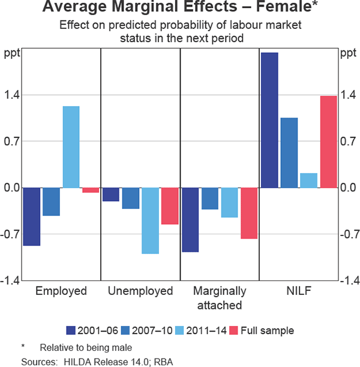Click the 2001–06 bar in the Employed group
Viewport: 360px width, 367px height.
click(31, 216)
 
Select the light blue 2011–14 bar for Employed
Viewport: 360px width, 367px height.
click(71, 147)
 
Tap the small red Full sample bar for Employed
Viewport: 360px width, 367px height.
click(91, 190)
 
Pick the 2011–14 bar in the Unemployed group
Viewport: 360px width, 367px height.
click(150, 220)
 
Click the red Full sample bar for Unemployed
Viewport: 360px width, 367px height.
click(170, 206)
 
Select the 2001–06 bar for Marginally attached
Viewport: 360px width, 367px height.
click(190, 219)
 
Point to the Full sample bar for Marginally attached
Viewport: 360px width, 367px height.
click(249, 213)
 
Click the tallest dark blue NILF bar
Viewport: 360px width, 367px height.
click(269, 120)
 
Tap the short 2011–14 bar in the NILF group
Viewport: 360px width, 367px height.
click(308, 180)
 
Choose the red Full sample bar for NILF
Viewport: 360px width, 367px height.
click(328, 142)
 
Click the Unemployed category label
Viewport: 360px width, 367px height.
click(140, 291)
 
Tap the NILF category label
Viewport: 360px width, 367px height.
click(299, 291)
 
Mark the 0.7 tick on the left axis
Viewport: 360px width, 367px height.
click(13, 141)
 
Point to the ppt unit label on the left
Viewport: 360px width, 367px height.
click(13, 53)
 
